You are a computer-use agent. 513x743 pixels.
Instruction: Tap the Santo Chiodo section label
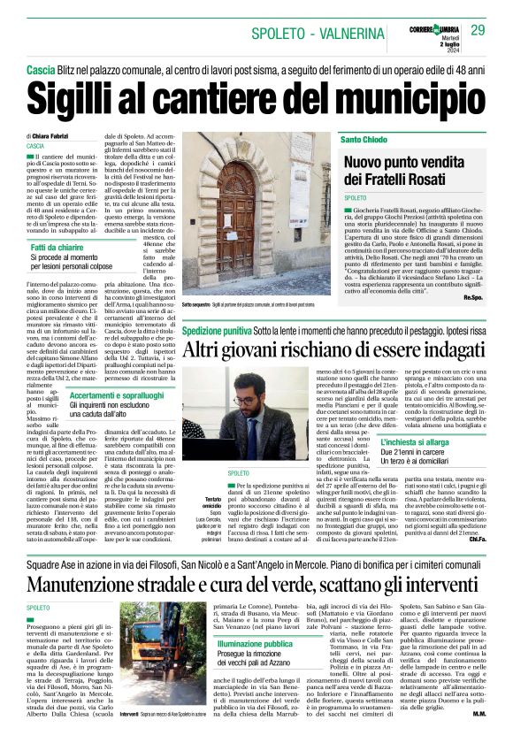coord(364,141)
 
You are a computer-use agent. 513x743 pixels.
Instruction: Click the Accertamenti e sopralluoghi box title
coord(118,395)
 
